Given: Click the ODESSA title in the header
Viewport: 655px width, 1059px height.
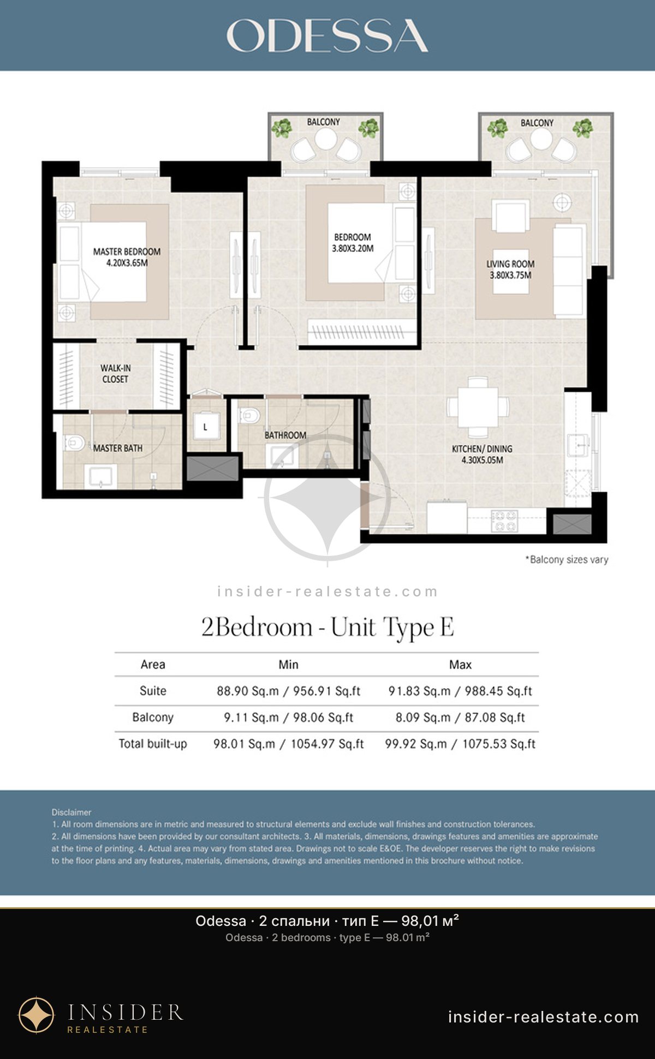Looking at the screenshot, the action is pyautogui.click(x=327, y=36).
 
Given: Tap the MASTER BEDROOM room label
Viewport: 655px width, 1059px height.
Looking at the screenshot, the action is pyautogui.click(x=127, y=257).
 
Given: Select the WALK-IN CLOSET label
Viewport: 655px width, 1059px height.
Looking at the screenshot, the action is pyautogui.click(x=115, y=374).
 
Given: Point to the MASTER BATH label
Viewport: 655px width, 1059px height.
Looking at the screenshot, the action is pyautogui.click(x=117, y=448).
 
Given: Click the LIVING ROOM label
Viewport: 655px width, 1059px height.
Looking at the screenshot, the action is pyautogui.click(x=510, y=270).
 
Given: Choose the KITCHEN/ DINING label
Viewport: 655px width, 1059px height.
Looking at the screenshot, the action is pyautogui.click(x=482, y=454).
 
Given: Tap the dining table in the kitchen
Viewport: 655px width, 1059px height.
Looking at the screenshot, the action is pyautogui.click(x=478, y=407).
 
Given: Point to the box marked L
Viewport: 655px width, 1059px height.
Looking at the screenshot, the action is pyautogui.click(x=205, y=426).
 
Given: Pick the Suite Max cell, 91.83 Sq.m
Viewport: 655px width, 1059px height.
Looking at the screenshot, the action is pyautogui.click(x=460, y=691).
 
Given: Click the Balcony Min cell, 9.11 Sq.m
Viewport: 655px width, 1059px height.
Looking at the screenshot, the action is pyautogui.click(x=288, y=717).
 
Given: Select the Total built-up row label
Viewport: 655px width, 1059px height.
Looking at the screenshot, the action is pyautogui.click(x=153, y=744).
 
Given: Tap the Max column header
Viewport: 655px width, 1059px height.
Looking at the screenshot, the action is pyautogui.click(x=460, y=665).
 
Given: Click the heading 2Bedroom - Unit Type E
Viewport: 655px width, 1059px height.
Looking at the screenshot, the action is pyautogui.click(x=327, y=627).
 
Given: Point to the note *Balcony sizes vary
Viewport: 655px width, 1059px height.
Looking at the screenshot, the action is pyautogui.click(x=567, y=559).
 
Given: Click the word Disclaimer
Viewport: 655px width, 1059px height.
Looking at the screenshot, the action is pyautogui.click(x=72, y=812).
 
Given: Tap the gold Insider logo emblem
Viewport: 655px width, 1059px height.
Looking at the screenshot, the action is pyautogui.click(x=37, y=1015).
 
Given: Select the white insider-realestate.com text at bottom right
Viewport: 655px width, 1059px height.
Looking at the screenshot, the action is pyautogui.click(x=543, y=1016).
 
